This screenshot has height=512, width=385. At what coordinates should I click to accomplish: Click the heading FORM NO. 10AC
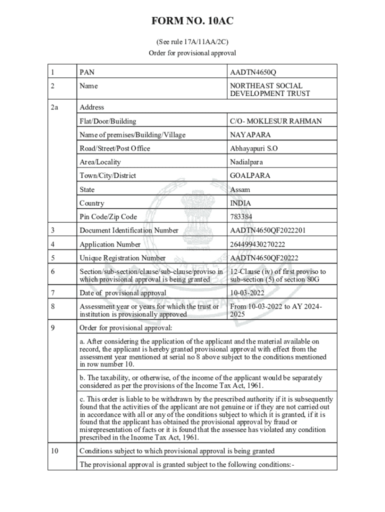tap(192, 21)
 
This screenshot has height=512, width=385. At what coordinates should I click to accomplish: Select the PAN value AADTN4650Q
tap(252, 72)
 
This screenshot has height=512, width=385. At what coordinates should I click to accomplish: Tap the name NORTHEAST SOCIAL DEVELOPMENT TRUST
tap(270, 89)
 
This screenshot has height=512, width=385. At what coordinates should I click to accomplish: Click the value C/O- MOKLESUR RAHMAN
tap(275, 121)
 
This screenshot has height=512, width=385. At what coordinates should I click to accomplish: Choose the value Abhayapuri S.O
tap(253, 148)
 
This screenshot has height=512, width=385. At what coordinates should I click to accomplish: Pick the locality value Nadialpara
tap(246, 162)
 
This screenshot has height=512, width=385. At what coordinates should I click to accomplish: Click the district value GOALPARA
tap(250, 175)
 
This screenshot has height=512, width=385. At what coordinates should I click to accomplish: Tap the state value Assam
tap(240, 189)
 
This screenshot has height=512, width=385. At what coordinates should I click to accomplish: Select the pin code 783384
tap(241, 217)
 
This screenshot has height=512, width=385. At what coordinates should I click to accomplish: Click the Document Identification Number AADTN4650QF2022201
tap(268, 230)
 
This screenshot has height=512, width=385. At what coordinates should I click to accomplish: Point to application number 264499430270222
tap(264, 244)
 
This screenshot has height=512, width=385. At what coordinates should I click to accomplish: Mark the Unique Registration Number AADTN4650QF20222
tap(264, 258)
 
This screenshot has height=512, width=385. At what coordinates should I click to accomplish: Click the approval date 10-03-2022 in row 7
tap(247, 292)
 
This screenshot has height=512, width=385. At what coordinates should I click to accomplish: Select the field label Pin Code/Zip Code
tap(108, 217)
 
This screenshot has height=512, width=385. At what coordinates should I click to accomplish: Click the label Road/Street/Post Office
tap(114, 148)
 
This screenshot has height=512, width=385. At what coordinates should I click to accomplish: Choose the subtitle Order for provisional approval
tap(192, 53)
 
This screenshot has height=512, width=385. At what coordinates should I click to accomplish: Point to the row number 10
tap(55, 451)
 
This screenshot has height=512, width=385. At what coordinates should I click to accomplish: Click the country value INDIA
tap(240, 203)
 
